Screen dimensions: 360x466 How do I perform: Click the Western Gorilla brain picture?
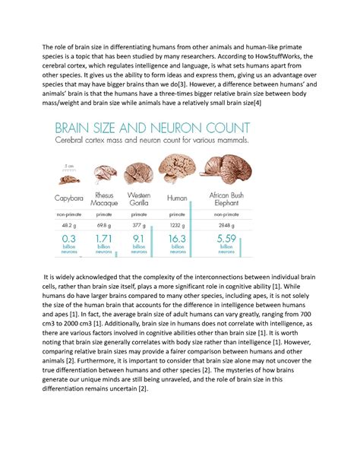click(x=140, y=173)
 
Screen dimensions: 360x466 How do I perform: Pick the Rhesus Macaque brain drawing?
click(x=104, y=176)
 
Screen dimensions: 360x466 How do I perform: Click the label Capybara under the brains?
click(x=68, y=199)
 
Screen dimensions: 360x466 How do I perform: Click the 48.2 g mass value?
click(x=68, y=226)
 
